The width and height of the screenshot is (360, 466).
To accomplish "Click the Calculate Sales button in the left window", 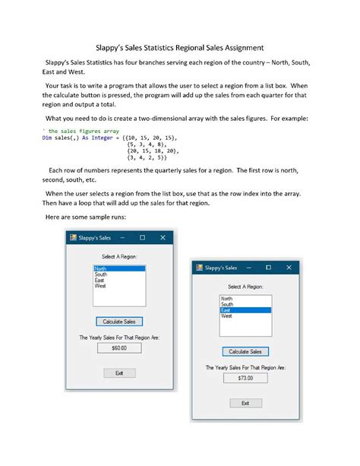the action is pyautogui.click(x=119, y=322).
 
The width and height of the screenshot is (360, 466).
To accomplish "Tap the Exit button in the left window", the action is pyautogui.click(x=119, y=372).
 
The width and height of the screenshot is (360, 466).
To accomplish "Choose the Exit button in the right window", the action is pyautogui.click(x=245, y=403).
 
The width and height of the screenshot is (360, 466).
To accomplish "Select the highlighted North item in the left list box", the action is pyautogui.click(x=119, y=269).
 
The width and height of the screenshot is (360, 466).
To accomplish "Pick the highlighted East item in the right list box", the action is pyautogui.click(x=245, y=310).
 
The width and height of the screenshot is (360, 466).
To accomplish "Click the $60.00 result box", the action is pyautogui.click(x=119, y=348).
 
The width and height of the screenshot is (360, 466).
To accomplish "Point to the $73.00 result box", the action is pyautogui.click(x=245, y=378).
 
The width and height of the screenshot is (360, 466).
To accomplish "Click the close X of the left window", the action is pyautogui.click(x=163, y=238).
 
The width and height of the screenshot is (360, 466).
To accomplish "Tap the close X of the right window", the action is pyautogui.click(x=289, y=268).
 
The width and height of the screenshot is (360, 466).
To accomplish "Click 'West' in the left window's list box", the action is pyautogui.click(x=100, y=287).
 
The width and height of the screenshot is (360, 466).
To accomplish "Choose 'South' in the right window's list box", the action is pyautogui.click(x=228, y=305).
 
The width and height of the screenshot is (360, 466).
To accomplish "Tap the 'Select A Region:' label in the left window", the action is pyautogui.click(x=119, y=256).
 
